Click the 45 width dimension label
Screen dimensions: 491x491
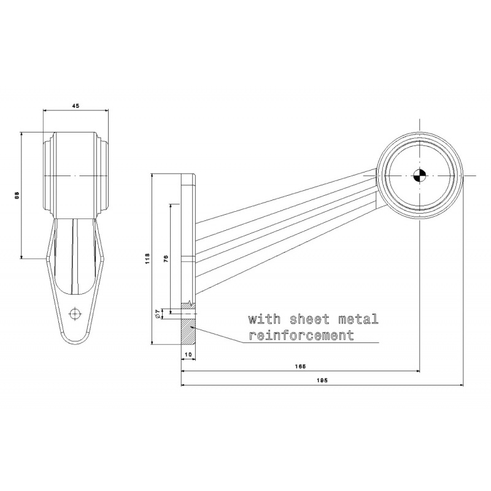click(x=75, y=106)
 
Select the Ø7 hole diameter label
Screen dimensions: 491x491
click(x=158, y=314)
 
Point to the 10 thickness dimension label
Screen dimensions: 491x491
click(x=188, y=354)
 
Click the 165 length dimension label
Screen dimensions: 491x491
click(x=300, y=366)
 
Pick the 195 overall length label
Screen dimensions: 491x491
click(x=322, y=381)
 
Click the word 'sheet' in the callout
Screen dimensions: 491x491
click(x=310, y=319)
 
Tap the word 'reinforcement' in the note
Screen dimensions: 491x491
click(x=301, y=335)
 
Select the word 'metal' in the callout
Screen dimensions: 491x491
click(x=358, y=319)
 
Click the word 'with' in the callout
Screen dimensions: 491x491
click(x=265, y=319)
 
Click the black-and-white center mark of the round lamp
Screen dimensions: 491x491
click(x=419, y=176)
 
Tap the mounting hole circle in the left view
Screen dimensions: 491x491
click(x=75, y=314)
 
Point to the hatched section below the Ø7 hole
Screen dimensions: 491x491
click(x=188, y=332)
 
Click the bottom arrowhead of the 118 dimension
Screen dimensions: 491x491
click(x=152, y=342)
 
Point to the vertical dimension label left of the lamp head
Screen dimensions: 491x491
click(x=18, y=195)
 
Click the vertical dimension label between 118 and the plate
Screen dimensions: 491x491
click(x=166, y=258)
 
